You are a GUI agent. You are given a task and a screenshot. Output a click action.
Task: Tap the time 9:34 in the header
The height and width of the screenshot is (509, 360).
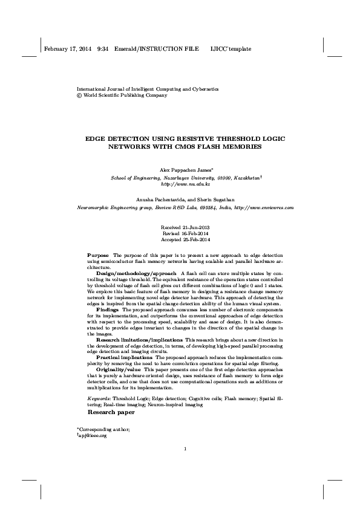pos(102,48)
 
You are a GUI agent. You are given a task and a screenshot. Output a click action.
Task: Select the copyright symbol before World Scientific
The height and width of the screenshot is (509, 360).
pos(78,96)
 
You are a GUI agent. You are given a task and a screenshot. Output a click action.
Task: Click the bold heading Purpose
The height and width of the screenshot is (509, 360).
pos(99,256)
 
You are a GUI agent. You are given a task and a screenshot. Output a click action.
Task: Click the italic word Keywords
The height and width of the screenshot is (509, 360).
pos(99,400)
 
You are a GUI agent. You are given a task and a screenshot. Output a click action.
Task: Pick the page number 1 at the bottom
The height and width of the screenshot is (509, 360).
pos(185,465)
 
